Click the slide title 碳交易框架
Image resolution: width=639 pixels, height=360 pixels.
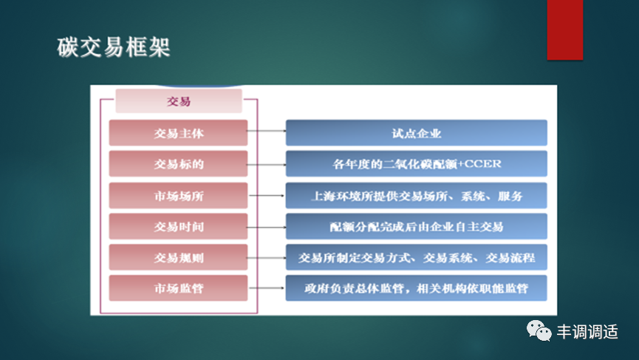point(114,47)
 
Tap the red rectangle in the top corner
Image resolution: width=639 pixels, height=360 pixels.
point(564,30)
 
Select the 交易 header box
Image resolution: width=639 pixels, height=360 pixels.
point(179,102)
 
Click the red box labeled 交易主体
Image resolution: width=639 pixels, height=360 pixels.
point(179,134)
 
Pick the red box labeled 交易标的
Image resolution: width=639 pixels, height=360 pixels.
point(179,164)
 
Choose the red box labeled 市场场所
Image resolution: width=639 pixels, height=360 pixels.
point(179,196)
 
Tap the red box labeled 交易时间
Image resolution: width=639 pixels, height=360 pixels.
point(179,226)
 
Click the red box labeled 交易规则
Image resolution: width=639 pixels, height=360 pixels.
point(179,257)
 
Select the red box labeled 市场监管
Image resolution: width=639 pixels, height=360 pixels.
point(179,288)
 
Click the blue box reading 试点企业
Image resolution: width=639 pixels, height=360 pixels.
point(416,134)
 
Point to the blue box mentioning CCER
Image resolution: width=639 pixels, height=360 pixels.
point(416,164)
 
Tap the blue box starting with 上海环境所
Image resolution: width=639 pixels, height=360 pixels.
point(416,196)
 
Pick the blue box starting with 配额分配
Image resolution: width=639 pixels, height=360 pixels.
point(416,226)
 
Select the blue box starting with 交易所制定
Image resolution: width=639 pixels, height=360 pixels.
point(416,257)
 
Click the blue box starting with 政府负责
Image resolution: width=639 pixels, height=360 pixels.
point(416,288)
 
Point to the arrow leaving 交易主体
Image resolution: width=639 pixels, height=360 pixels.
point(266,134)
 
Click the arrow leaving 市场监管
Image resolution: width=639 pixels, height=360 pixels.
point(266,288)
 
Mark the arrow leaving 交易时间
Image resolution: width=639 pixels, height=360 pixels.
point(266,226)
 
